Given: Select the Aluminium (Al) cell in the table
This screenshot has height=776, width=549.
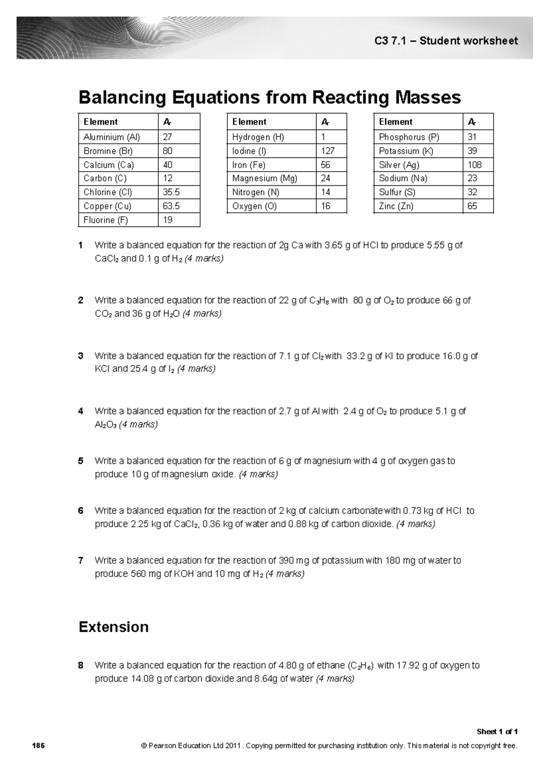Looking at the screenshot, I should [x=112, y=137].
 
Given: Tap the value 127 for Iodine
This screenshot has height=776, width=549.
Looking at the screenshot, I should [x=328, y=151].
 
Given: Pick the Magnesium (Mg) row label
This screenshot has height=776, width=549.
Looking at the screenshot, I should [x=264, y=178].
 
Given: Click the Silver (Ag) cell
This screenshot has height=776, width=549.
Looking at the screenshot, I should [x=399, y=165].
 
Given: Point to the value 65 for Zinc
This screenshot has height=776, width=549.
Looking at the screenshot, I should [x=472, y=206].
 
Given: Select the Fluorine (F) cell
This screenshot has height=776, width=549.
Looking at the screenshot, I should [x=106, y=220].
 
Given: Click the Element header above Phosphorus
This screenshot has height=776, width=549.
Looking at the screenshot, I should [x=396, y=122].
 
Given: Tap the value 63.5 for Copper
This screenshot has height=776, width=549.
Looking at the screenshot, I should [x=172, y=206].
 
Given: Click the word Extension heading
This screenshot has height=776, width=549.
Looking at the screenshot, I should [x=113, y=626].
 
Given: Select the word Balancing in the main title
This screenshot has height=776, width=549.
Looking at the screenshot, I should [x=122, y=97].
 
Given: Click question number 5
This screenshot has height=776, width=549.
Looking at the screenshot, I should [x=81, y=461].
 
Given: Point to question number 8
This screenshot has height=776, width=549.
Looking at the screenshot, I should [x=81, y=665].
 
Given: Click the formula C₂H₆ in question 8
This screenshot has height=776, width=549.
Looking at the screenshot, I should [x=361, y=666].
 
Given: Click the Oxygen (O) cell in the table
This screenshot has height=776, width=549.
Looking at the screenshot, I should [x=254, y=206].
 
